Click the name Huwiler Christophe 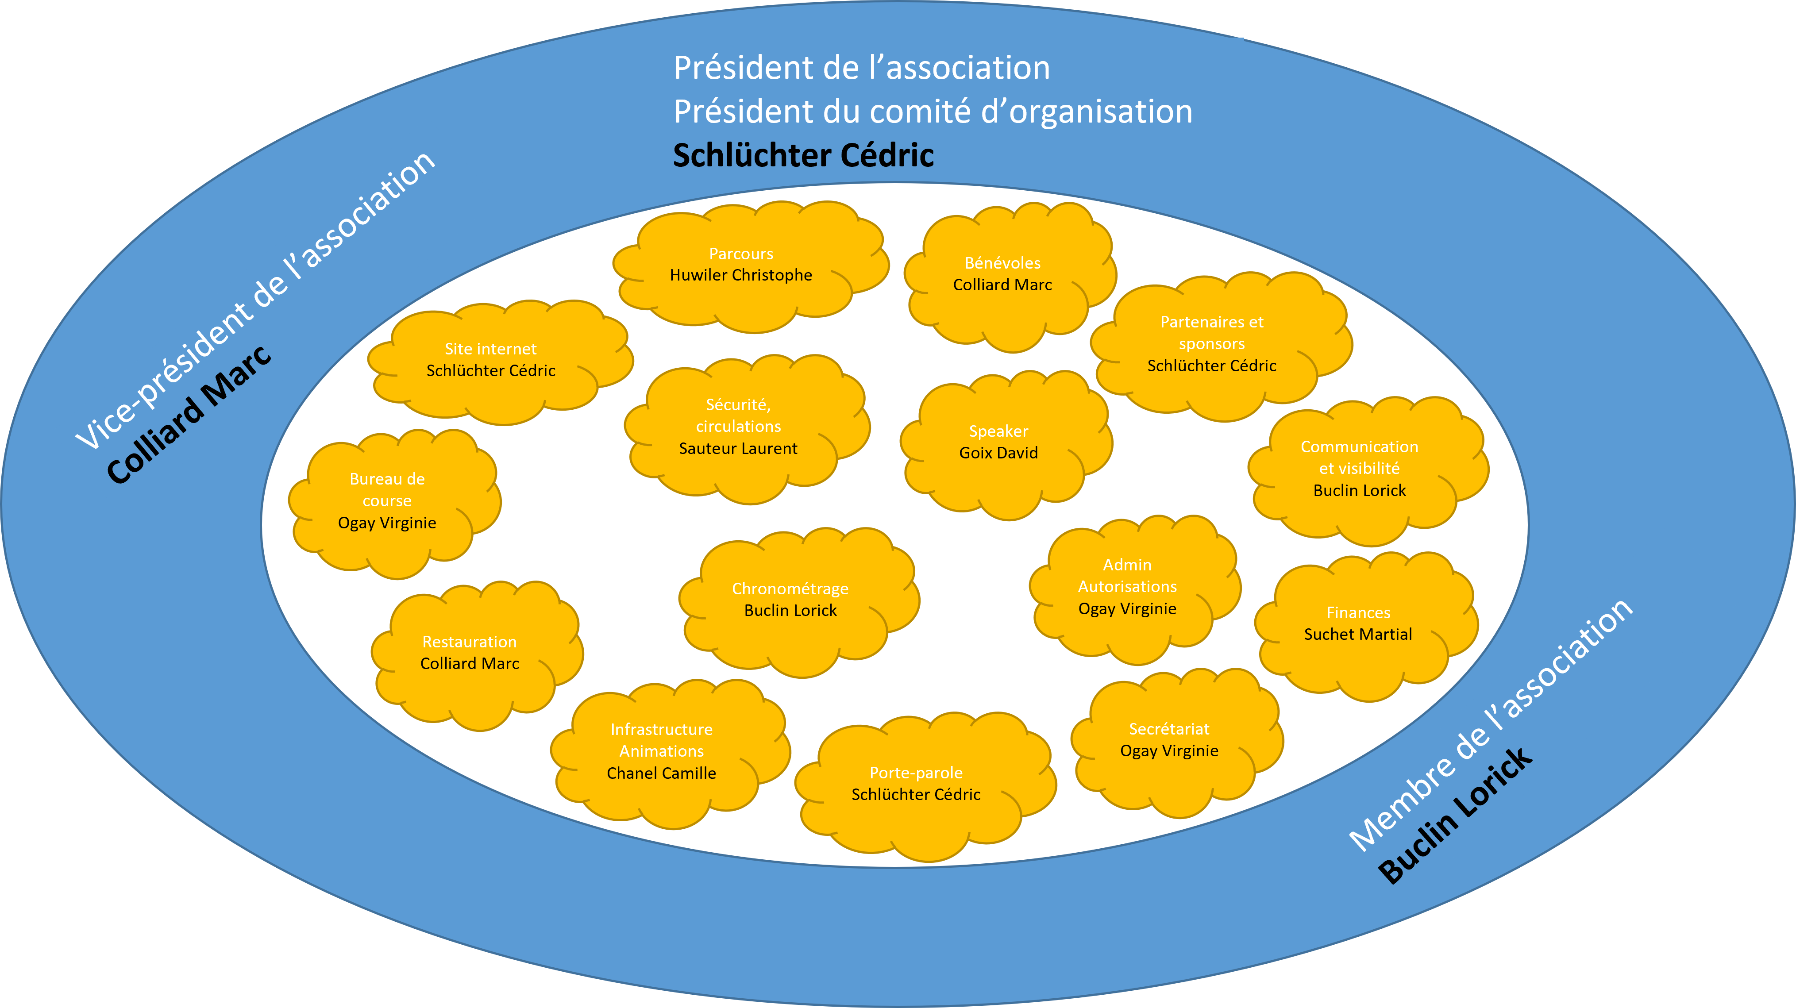point(741,275)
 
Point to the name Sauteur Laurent point(738,448)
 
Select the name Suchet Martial point(1358,635)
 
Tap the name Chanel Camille point(662,773)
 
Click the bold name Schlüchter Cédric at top point(803,155)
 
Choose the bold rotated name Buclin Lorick point(1456,816)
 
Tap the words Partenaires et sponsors point(1212,332)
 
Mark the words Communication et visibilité point(1360,457)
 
